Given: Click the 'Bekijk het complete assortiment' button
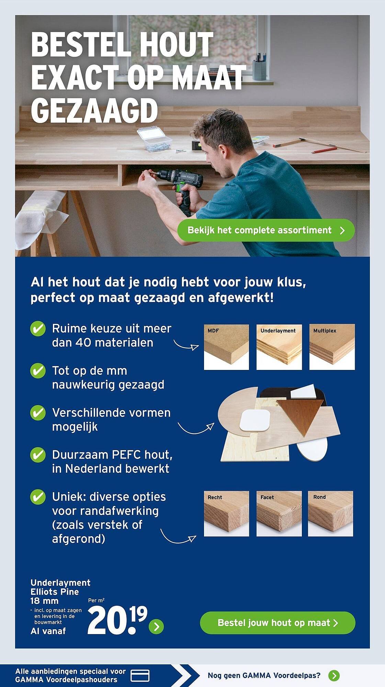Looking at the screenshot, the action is [x=266, y=230].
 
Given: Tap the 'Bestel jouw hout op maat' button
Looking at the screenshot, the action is [x=278, y=623].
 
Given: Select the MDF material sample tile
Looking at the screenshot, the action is [x=226, y=347].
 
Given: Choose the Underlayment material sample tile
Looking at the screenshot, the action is [x=279, y=347].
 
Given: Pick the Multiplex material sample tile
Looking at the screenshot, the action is [x=332, y=347].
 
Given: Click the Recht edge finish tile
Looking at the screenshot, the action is [x=226, y=514].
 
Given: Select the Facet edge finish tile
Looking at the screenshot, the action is [x=279, y=514].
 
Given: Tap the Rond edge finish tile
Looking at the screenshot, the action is [x=330, y=514].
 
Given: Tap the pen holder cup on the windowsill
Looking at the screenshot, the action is [x=259, y=68].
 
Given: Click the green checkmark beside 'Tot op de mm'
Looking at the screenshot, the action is [x=38, y=371].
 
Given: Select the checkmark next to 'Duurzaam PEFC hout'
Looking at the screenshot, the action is [x=38, y=455].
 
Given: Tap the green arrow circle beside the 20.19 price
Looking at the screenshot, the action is [x=156, y=627].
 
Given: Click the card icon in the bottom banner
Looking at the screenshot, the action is [x=140, y=675].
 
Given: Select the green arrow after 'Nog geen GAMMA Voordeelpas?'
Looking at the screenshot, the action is [x=334, y=675].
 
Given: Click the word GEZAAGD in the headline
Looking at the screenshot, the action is [x=94, y=111].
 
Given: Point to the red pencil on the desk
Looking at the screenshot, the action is [x=324, y=150].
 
